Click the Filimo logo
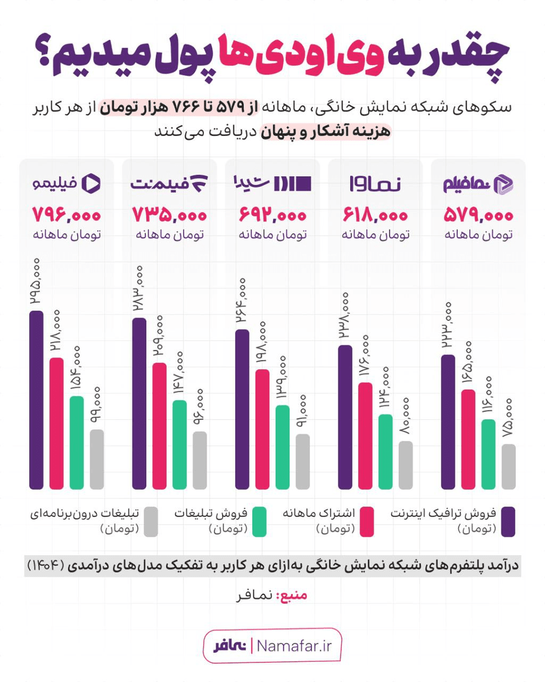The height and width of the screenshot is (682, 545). (67, 184)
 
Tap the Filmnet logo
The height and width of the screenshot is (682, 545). (169, 184)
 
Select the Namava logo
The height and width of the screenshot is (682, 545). (375, 184)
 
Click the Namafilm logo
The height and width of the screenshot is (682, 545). (478, 184)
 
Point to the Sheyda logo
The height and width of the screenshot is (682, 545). (272, 184)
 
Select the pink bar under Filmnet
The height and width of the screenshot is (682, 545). (160, 426)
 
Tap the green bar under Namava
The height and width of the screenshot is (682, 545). (385, 452)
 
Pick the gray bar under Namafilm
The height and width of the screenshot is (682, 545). (508, 467)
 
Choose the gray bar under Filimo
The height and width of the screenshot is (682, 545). (97, 459)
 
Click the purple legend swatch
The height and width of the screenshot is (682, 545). (508, 522)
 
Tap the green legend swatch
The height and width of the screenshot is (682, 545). (258, 522)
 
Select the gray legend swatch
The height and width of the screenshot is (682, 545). (150, 522)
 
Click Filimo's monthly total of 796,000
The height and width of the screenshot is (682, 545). (67, 215)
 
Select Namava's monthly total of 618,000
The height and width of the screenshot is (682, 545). (375, 215)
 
